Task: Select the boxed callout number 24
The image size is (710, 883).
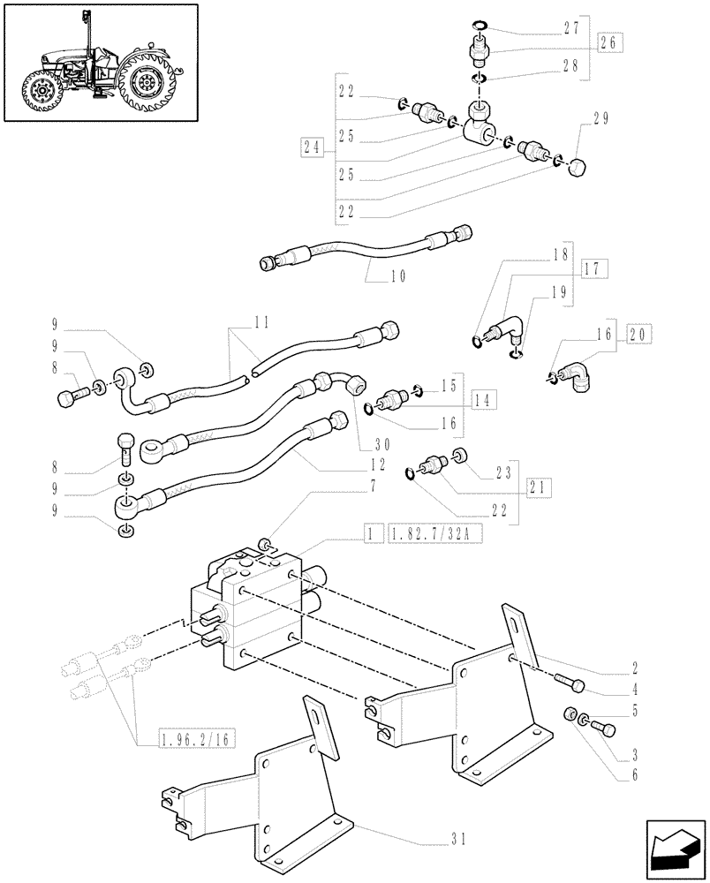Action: (310, 149)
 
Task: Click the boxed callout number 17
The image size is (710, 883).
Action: (595, 268)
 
